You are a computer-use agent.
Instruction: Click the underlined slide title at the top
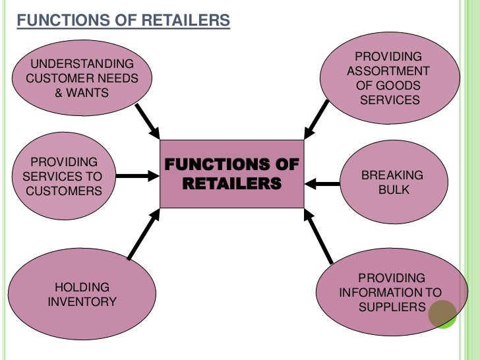[123, 21]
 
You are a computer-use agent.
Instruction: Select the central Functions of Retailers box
[231, 173]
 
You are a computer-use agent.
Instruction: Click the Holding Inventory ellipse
[82, 295]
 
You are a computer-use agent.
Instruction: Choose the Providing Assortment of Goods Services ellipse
[388, 78]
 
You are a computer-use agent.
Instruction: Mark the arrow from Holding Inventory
[144, 235]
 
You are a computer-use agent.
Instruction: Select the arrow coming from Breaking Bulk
[326, 183]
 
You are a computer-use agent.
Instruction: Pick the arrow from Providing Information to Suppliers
[320, 236]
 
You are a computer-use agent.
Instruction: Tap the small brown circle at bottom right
[442, 315]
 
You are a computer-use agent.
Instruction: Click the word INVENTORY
[82, 303]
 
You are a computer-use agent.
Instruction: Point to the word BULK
[394, 191]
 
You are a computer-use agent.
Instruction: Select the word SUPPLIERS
[392, 308]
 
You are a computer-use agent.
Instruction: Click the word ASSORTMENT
[388, 71]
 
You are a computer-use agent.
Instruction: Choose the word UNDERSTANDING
[82, 65]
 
